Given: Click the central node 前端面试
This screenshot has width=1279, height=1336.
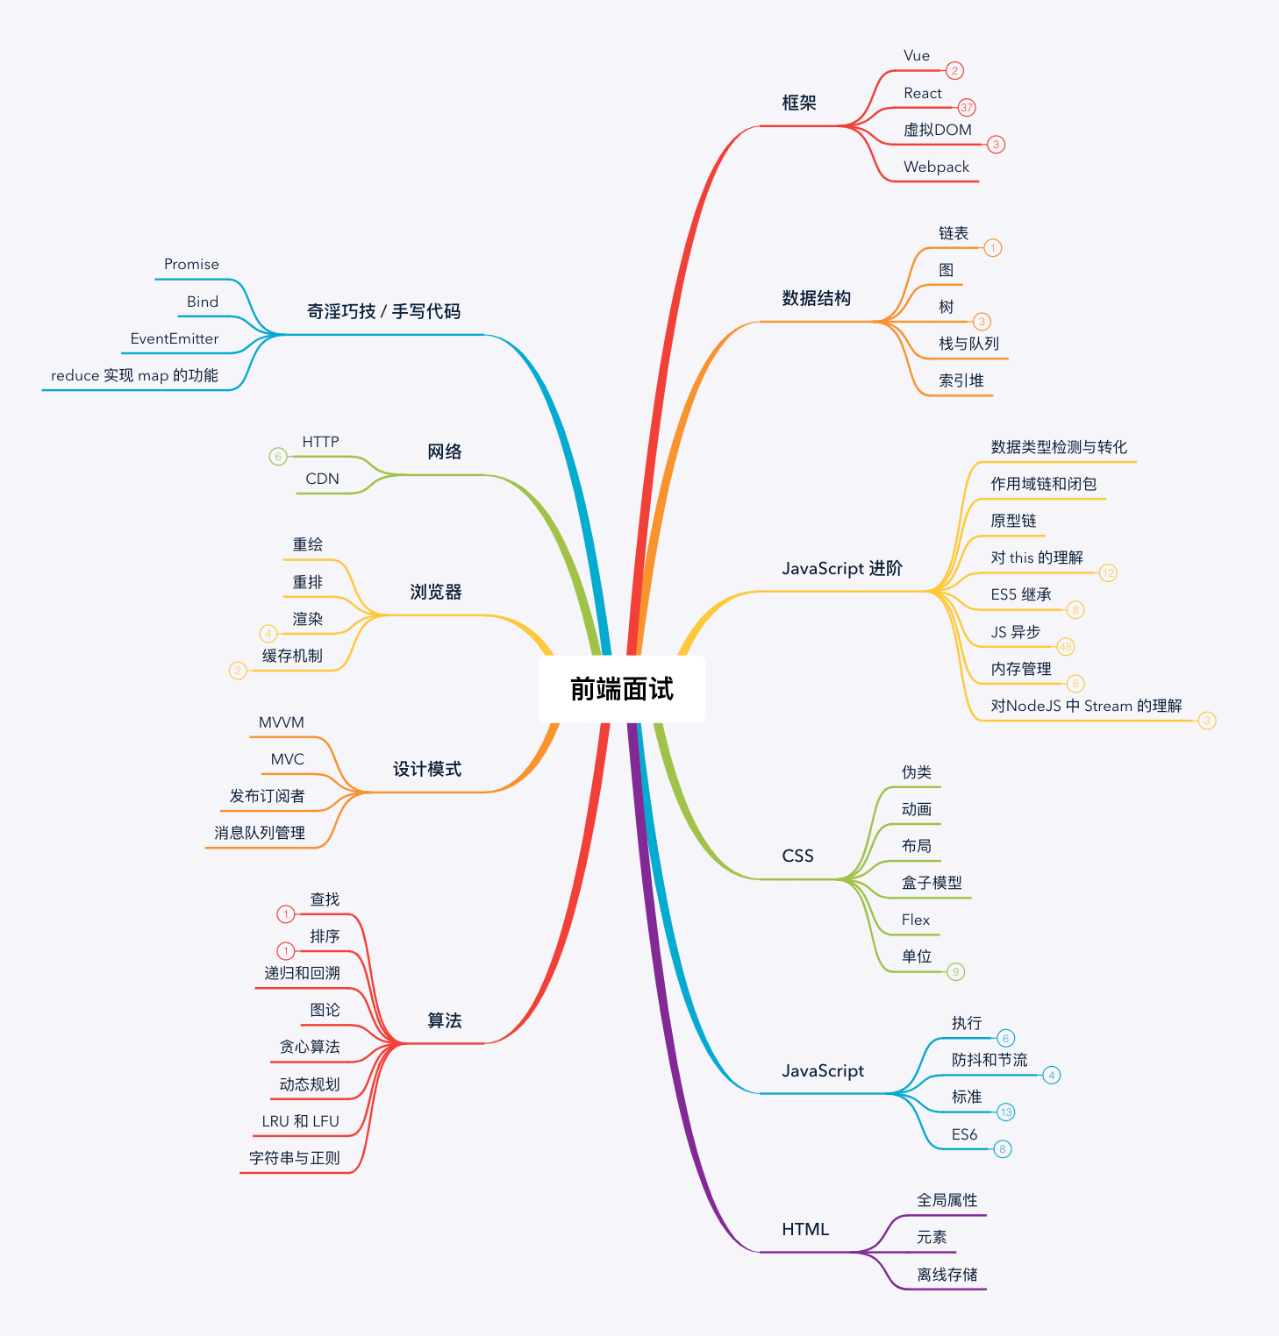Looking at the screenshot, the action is tap(621, 689).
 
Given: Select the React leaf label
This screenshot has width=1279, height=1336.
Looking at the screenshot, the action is tap(922, 93).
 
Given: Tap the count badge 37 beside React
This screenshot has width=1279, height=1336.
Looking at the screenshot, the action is tap(967, 107).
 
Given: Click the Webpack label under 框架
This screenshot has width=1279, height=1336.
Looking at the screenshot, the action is tap(936, 167).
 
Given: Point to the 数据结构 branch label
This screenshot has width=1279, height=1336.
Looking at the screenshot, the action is tap(816, 298).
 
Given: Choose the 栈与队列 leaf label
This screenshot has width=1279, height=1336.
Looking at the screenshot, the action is tap(968, 344).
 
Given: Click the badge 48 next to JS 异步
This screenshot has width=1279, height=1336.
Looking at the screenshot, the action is tap(1066, 647).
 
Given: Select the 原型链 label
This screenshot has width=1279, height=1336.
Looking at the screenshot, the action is tap(1013, 521).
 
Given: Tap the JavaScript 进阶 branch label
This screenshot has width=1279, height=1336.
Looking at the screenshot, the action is tap(841, 568).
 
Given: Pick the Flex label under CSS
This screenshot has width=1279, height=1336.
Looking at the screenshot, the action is tap(915, 920).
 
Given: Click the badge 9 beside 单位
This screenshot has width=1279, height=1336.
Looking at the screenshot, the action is tap(956, 971).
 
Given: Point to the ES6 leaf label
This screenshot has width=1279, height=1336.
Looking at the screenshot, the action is tap(964, 1134).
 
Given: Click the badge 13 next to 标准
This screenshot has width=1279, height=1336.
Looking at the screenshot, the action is tap(1006, 1112).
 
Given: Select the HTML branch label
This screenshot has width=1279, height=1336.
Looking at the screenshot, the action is tap(804, 1229).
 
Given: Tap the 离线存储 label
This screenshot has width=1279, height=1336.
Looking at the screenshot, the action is tap(947, 1275).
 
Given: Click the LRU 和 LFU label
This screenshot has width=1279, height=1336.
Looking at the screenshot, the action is tap(300, 1121).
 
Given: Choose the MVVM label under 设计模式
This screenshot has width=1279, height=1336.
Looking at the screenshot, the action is tap(281, 722).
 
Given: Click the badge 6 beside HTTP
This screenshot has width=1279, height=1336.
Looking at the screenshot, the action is tap(278, 456).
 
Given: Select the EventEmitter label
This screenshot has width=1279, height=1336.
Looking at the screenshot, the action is tap(174, 338).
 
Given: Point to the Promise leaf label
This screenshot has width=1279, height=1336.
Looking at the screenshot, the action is tap(191, 264).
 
